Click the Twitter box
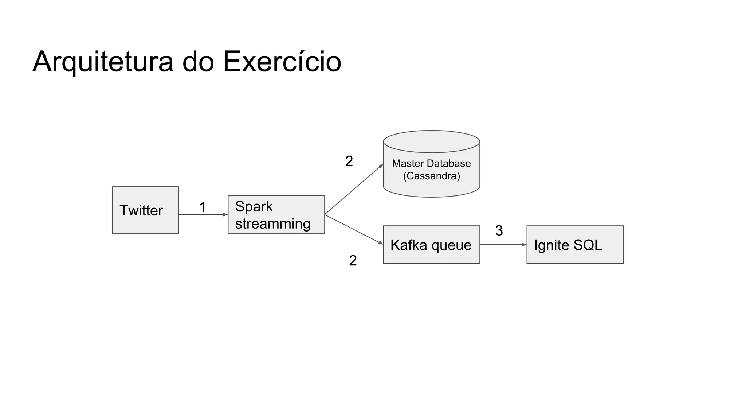[145, 210]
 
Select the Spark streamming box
[276, 215]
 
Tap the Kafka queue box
[431, 245]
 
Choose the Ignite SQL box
[575, 245]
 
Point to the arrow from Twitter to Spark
[203, 215]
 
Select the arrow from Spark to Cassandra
[353, 190]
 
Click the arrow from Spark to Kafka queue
[353, 229]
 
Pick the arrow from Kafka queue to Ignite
[503, 245]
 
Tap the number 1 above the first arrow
[203, 207]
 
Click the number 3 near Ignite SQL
[499, 230]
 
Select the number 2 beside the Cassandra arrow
[349, 161]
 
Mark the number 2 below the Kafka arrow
[353, 260]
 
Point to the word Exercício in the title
[282, 61]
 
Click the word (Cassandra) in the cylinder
[431, 176]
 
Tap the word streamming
[273, 223]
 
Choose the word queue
[451, 245]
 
